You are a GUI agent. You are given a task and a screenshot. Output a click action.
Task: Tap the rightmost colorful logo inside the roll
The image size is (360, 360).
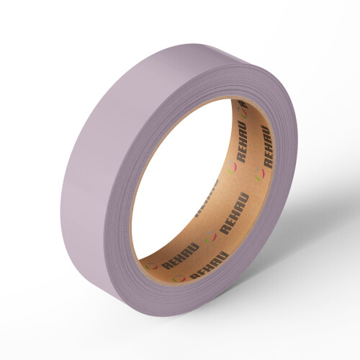259,174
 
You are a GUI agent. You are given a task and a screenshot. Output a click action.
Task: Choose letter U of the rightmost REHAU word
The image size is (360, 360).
264,129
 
